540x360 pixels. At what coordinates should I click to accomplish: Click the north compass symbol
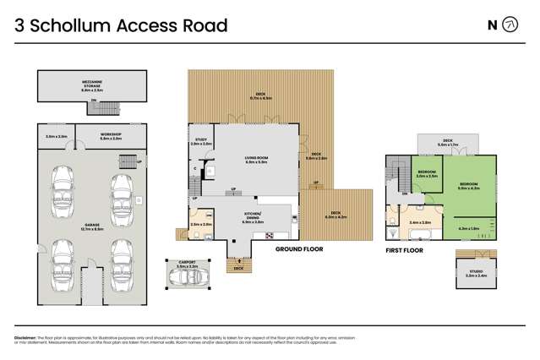(510, 25)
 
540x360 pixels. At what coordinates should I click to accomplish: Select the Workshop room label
(112, 135)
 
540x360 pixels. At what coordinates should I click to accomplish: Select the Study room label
(201, 143)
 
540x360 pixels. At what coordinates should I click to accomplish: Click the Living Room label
(255, 158)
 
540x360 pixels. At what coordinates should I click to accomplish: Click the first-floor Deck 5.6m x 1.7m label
(448, 143)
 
